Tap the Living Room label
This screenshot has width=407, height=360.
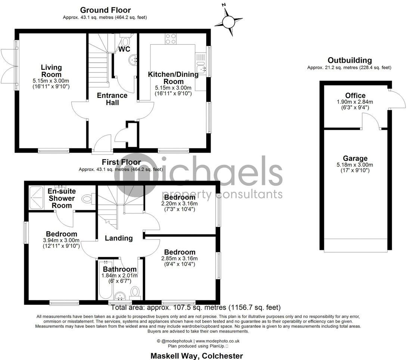click(x=51, y=71)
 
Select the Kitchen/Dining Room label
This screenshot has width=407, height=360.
click(x=173, y=78)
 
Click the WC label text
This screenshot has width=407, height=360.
click(x=124, y=49)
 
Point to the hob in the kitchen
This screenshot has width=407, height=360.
click(x=171, y=39)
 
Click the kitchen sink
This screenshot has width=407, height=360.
click(x=202, y=68)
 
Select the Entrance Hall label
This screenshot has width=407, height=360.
click(x=112, y=99)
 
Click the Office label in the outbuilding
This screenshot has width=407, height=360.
click(x=355, y=96)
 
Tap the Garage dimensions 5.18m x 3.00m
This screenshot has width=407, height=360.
click(x=355, y=165)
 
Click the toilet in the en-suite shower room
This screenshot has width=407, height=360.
click(x=87, y=198)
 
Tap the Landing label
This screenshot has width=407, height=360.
click(x=118, y=238)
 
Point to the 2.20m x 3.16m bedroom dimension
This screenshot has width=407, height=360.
click(x=179, y=204)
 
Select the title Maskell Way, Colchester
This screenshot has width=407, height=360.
click(x=196, y=356)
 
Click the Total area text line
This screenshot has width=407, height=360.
click(x=196, y=308)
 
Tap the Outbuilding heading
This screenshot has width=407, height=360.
click(x=349, y=60)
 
